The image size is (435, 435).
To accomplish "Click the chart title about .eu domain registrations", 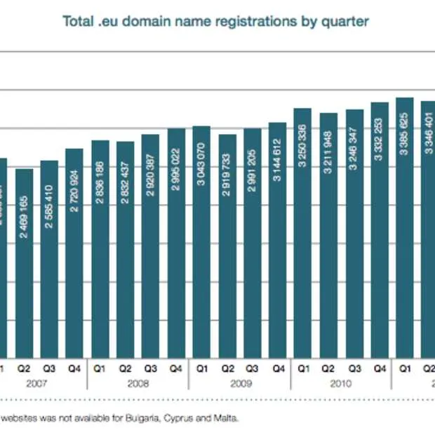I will coord(215,21).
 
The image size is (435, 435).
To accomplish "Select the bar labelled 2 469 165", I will coord(24,263).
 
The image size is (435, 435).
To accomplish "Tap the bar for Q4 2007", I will coord(74,253).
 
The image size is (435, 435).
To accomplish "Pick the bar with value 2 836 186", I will coord(100,249).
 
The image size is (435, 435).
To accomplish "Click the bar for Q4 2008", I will coord(176,242).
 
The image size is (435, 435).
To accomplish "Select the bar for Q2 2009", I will coord(227,246).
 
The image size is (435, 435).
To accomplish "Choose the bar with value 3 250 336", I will coord(303,232).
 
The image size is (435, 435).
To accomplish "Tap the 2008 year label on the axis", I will coord(138,383).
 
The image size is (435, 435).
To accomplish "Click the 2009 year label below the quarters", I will coord(240,383).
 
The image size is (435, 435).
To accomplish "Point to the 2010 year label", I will coord(341,383).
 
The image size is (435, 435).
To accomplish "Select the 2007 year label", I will coord(36,383).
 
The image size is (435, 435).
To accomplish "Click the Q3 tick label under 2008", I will coord(151,366).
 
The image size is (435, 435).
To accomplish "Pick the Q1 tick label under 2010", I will coord(303,366).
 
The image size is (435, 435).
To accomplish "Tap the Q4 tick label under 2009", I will coord(278,366).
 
